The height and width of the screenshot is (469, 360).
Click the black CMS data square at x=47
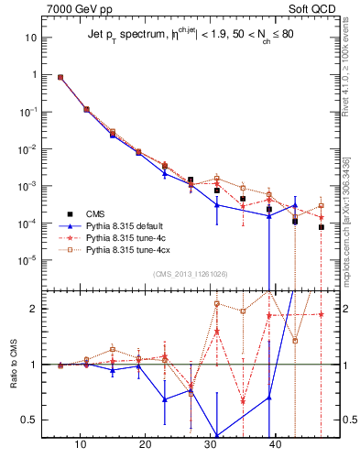(322, 227)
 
